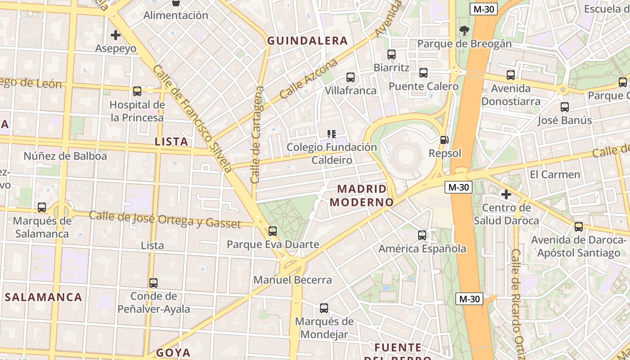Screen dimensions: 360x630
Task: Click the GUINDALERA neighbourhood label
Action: (x=307, y=41)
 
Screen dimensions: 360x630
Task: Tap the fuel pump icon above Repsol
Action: (x=444, y=140)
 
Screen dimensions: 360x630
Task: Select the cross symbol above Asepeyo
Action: (x=116, y=35)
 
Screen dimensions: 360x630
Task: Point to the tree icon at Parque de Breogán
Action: (x=464, y=31)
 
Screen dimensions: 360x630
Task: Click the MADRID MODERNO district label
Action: (x=362, y=195)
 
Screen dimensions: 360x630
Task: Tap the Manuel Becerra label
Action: (x=292, y=280)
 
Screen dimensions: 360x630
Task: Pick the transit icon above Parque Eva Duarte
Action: (x=273, y=231)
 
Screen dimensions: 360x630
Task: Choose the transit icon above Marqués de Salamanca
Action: (x=42, y=207)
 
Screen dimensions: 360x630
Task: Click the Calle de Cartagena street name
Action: (x=258, y=135)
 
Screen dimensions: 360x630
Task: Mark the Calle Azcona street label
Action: (x=308, y=79)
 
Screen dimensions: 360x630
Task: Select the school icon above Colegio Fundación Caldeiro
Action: (x=332, y=134)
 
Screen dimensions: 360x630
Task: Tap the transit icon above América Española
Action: (x=422, y=235)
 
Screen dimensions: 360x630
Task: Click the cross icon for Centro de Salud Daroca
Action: (x=506, y=194)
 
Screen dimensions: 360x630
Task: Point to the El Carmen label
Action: (x=555, y=174)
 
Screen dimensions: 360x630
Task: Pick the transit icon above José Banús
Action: (x=565, y=107)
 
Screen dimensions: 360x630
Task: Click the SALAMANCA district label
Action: (x=44, y=297)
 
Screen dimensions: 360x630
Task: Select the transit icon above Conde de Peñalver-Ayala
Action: (x=153, y=283)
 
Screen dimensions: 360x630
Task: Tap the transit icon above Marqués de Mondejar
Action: (x=324, y=308)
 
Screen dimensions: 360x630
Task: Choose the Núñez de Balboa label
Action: (x=65, y=156)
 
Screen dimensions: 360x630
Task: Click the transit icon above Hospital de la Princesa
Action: (x=137, y=91)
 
